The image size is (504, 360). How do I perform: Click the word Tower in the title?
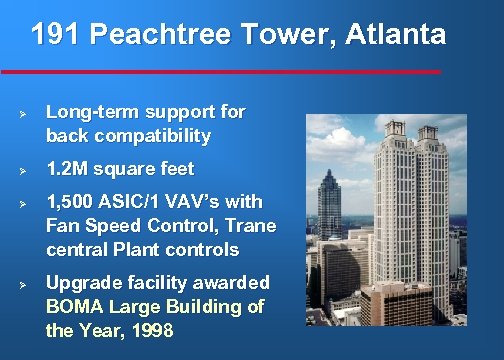[286, 36]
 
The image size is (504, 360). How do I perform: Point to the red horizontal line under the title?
[220, 72]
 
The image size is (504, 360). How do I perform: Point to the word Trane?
[252, 226]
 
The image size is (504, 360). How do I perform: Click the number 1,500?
[73, 203]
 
